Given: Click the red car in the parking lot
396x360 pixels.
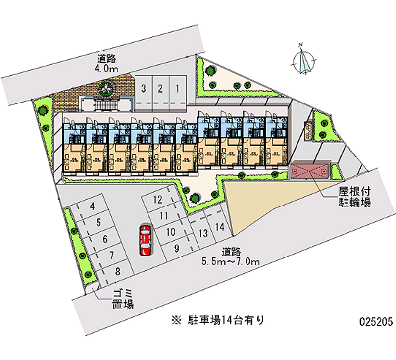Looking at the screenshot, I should pyautogui.click(x=145, y=240).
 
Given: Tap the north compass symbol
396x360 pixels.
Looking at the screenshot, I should pyautogui.click(x=303, y=62).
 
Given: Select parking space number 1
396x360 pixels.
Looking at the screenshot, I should pyautogui.click(x=177, y=89).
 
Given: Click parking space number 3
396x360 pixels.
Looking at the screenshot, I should pyautogui.click(x=143, y=89).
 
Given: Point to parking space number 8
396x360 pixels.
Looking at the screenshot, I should pyautogui.click(x=117, y=271).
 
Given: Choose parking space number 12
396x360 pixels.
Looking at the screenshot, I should pyautogui.click(x=158, y=200).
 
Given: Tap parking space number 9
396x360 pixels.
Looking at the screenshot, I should pyautogui.click(x=176, y=249).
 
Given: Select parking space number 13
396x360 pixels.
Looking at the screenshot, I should pyautogui.click(x=202, y=233).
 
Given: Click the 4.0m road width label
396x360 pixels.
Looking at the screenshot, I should pyautogui.click(x=107, y=64).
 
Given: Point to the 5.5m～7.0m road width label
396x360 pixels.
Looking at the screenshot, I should pyautogui.click(x=228, y=256).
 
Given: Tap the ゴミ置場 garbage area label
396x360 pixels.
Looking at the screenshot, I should pyautogui.click(x=121, y=300).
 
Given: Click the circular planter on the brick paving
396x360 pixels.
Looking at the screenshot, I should pyautogui.click(x=106, y=88).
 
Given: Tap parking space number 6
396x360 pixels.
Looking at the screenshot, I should pyautogui.click(x=105, y=239).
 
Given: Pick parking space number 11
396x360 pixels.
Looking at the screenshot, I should pyautogui.click(x=164, y=216).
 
